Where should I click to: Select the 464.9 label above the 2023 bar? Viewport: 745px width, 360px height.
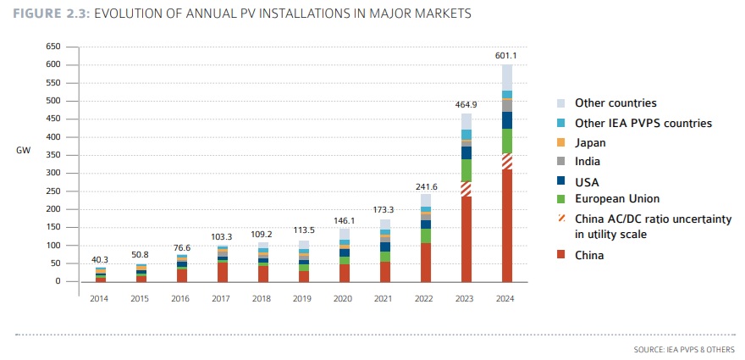(x=466, y=106)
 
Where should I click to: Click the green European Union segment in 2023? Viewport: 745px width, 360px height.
(x=466, y=170)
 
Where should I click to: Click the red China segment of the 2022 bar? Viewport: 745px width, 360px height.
(x=426, y=262)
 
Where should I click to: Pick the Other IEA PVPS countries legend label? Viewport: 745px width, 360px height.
(x=643, y=123)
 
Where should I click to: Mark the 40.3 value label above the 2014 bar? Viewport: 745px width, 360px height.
(x=101, y=259)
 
